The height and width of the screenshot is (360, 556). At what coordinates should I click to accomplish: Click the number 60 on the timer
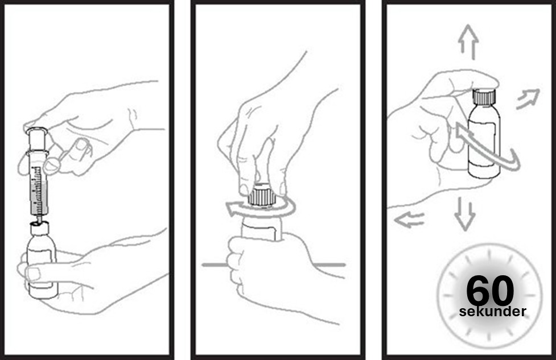tap(490, 291)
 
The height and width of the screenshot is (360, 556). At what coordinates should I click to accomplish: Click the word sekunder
tap(492, 312)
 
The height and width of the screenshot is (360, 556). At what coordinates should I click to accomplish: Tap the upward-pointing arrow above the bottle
tap(468, 42)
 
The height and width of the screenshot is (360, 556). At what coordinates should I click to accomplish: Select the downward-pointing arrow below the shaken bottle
tap(465, 214)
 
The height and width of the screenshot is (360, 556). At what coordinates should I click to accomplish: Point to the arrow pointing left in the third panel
tap(410, 220)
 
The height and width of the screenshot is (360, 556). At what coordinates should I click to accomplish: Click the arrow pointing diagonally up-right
tap(528, 99)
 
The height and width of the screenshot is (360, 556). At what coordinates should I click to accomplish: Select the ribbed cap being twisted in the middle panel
tap(262, 195)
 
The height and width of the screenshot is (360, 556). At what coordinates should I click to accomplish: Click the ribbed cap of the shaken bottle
tap(484, 97)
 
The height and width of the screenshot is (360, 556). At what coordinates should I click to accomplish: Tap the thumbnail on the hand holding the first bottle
tap(34, 273)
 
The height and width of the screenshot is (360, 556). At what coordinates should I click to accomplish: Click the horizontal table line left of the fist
tap(215, 264)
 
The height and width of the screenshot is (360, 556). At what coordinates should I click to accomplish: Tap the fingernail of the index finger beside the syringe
tap(83, 143)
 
